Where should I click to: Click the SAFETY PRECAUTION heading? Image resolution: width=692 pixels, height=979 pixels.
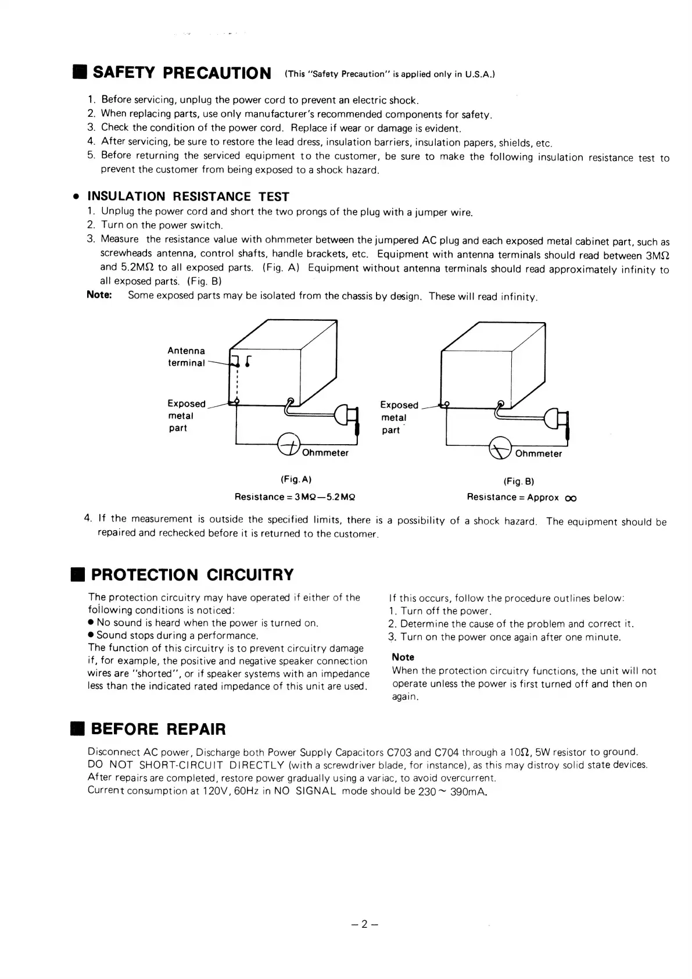(x=182, y=73)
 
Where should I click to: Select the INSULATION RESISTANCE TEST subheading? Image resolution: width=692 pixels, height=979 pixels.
(x=188, y=196)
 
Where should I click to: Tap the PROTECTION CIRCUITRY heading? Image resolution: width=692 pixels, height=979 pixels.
(x=192, y=575)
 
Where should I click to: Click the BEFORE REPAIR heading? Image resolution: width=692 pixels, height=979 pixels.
(x=158, y=729)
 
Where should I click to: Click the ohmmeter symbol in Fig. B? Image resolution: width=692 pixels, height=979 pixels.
(x=500, y=447)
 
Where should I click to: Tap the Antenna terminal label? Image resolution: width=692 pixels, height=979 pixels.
(x=186, y=357)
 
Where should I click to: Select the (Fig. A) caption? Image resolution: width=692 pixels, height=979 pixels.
(x=296, y=480)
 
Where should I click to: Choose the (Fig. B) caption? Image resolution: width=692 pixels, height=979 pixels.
(x=518, y=481)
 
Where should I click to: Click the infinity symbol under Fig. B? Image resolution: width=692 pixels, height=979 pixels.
(x=571, y=498)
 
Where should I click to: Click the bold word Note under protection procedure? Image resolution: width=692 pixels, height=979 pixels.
(x=403, y=657)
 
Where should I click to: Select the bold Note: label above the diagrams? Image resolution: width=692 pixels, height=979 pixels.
(x=99, y=295)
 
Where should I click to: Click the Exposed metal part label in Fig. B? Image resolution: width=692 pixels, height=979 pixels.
(x=399, y=417)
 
